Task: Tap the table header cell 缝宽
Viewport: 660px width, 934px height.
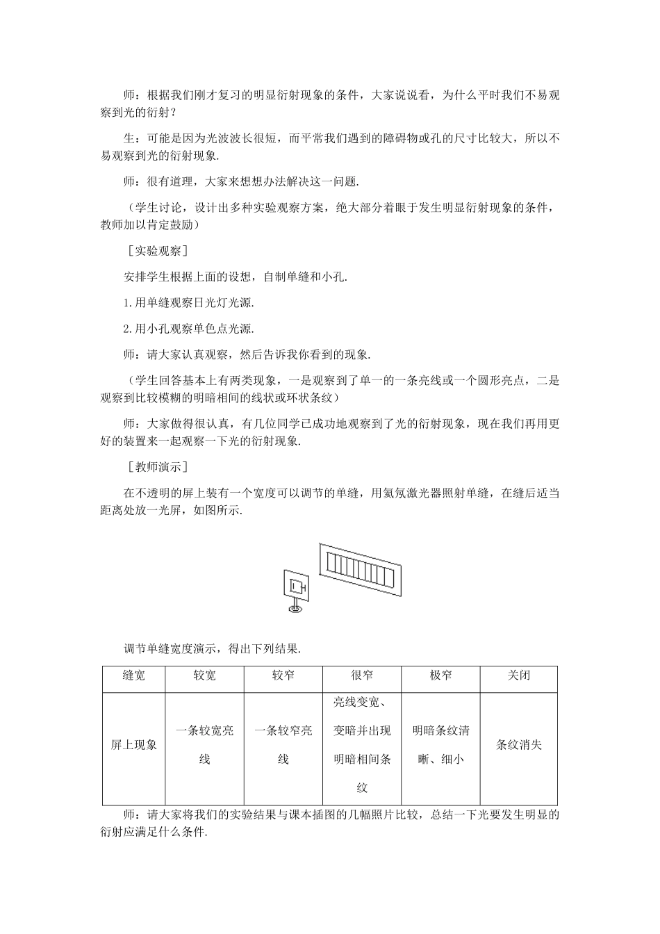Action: coord(133,675)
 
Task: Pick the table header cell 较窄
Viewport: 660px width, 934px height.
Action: coord(283,675)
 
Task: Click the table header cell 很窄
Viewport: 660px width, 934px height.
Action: coord(362,675)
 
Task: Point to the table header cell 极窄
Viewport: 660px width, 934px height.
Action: coord(440,675)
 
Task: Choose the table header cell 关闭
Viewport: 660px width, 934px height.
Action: coord(519,675)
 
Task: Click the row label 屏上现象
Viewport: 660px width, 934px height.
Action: coord(133,745)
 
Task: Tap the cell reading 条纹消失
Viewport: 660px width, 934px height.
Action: coord(519,745)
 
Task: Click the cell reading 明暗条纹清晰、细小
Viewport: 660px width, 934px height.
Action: coord(440,745)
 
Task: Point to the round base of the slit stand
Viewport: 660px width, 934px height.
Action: coord(295,609)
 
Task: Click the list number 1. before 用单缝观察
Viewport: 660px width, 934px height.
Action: coord(128,303)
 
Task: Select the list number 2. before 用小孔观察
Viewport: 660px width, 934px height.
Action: coord(128,329)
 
